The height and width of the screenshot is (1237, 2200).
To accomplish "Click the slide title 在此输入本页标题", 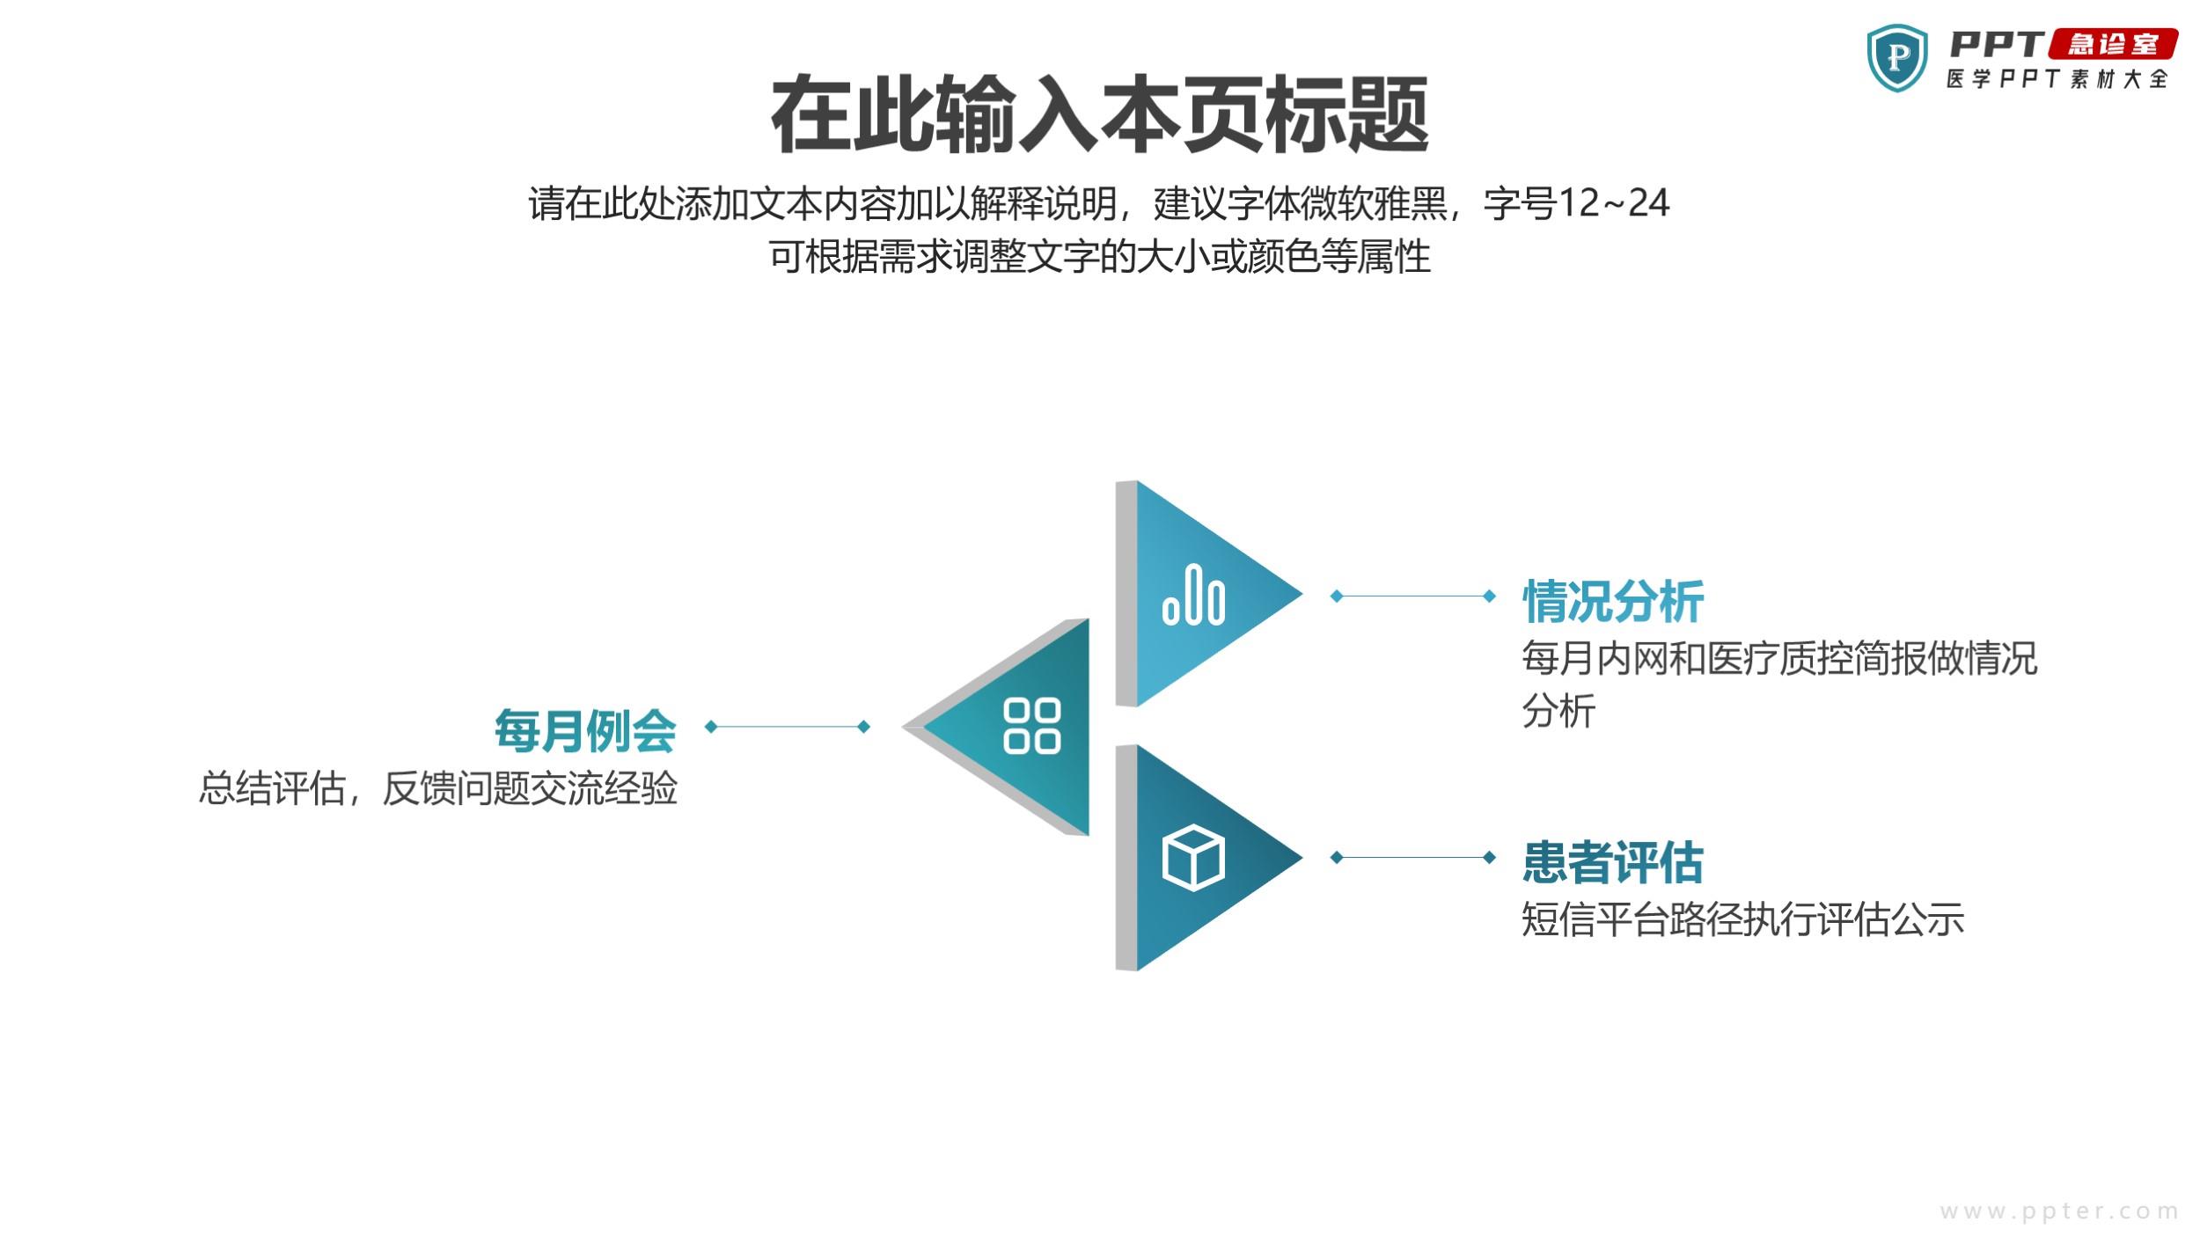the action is (1099, 114).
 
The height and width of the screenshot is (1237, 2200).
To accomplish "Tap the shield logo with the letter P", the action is (1897, 58).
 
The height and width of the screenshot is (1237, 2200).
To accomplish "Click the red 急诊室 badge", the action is (2114, 44).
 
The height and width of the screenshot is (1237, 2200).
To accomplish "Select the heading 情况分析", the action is (1613, 602).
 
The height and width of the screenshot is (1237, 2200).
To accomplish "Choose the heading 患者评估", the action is (1613, 862).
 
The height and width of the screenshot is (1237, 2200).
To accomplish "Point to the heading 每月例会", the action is (585, 731).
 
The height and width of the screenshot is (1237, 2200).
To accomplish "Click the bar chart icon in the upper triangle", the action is (1193, 596).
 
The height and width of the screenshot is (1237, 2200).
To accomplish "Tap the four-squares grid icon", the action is (1032, 727).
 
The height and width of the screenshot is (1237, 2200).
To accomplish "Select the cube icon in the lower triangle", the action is (1193, 858).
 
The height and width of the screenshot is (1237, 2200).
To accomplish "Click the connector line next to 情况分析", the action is (1412, 596).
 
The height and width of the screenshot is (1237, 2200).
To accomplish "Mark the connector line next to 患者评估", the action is (1412, 857).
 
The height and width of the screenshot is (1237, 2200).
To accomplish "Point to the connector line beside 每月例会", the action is (788, 726).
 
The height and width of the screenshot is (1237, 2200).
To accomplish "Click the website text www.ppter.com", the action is (2059, 1211).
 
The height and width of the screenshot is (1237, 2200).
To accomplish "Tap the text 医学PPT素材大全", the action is (2057, 79).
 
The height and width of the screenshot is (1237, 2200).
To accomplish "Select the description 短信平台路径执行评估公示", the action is (1743, 919).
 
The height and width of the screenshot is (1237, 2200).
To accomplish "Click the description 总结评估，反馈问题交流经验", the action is (437, 788).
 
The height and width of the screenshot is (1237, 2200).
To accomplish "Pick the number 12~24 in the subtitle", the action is (1613, 203).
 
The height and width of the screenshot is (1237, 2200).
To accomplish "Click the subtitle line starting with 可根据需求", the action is (1100, 257).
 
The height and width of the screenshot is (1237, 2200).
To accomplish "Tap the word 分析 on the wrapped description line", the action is (1558, 711).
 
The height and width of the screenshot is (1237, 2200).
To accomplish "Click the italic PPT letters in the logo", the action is (1997, 44).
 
